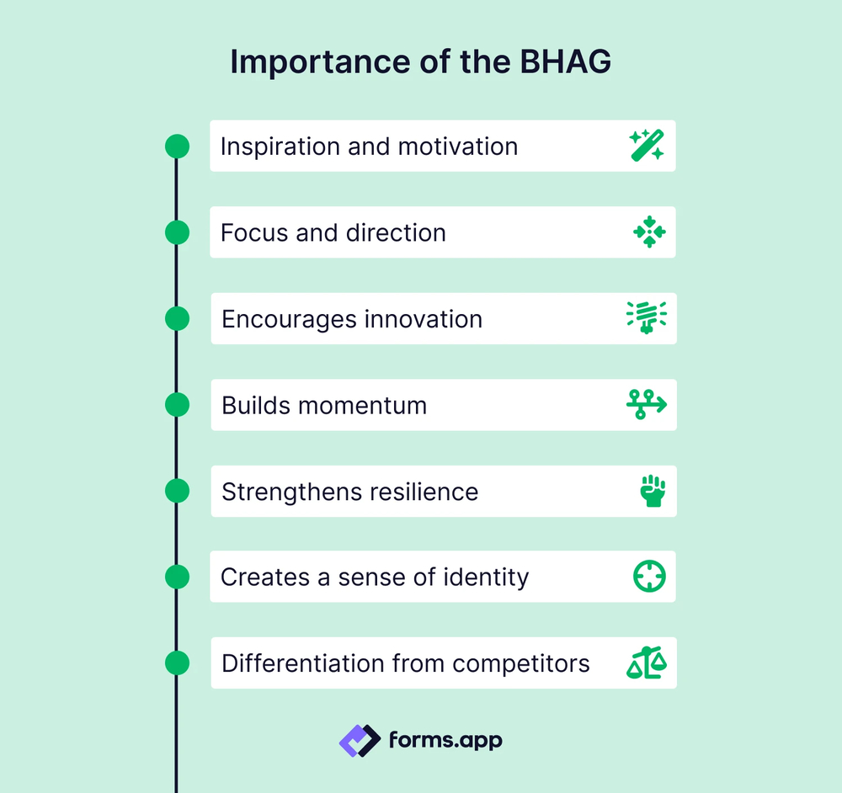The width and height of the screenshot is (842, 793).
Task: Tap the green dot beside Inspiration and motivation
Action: (177, 146)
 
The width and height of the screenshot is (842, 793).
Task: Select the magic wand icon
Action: (647, 146)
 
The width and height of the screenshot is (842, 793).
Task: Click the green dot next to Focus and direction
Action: (177, 232)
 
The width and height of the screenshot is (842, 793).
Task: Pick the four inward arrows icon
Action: (649, 232)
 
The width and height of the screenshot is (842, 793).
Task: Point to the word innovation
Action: (424, 319)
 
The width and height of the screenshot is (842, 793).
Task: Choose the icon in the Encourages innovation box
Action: (647, 319)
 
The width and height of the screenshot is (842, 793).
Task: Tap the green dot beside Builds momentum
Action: (177, 405)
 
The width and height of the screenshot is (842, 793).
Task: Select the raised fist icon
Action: (653, 491)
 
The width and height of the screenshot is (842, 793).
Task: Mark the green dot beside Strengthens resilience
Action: (177, 491)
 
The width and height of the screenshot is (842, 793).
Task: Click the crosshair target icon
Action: (649, 577)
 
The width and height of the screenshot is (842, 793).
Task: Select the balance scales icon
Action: (647, 663)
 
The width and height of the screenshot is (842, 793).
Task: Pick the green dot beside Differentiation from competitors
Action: (177, 663)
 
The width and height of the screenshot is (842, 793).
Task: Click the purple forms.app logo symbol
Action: (360, 741)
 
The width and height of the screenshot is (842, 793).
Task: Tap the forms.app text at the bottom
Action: (445, 741)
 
